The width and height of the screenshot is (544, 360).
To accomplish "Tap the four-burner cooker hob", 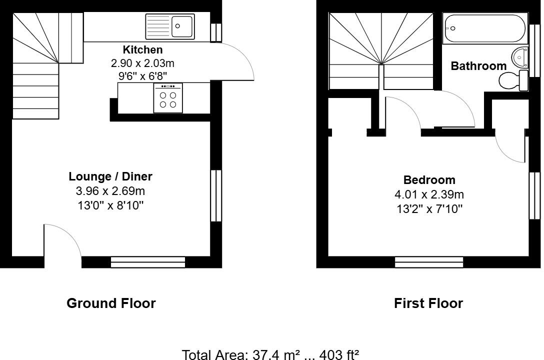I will [168, 97].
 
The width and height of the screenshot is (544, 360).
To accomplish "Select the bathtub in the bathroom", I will [484, 29].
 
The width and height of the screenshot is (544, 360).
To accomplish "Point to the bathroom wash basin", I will [520, 57].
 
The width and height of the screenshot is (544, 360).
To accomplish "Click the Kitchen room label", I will [142, 50].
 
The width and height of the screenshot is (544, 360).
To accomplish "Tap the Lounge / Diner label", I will [110, 176].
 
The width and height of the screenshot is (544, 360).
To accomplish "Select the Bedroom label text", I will [429, 180].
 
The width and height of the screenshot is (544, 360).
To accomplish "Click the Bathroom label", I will [478, 66].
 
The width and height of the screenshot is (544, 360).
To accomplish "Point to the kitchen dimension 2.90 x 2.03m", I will [142, 63].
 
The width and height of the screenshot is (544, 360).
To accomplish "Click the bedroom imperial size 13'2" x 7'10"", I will [429, 209].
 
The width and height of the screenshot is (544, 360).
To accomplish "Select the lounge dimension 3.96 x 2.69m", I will [110, 191].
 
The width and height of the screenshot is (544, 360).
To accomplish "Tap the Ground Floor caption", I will [111, 303].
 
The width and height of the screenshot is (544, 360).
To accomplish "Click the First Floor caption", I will [428, 303].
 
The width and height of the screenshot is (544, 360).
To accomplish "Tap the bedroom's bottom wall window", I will [429, 261].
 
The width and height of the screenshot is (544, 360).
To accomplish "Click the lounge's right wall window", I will [216, 195].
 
